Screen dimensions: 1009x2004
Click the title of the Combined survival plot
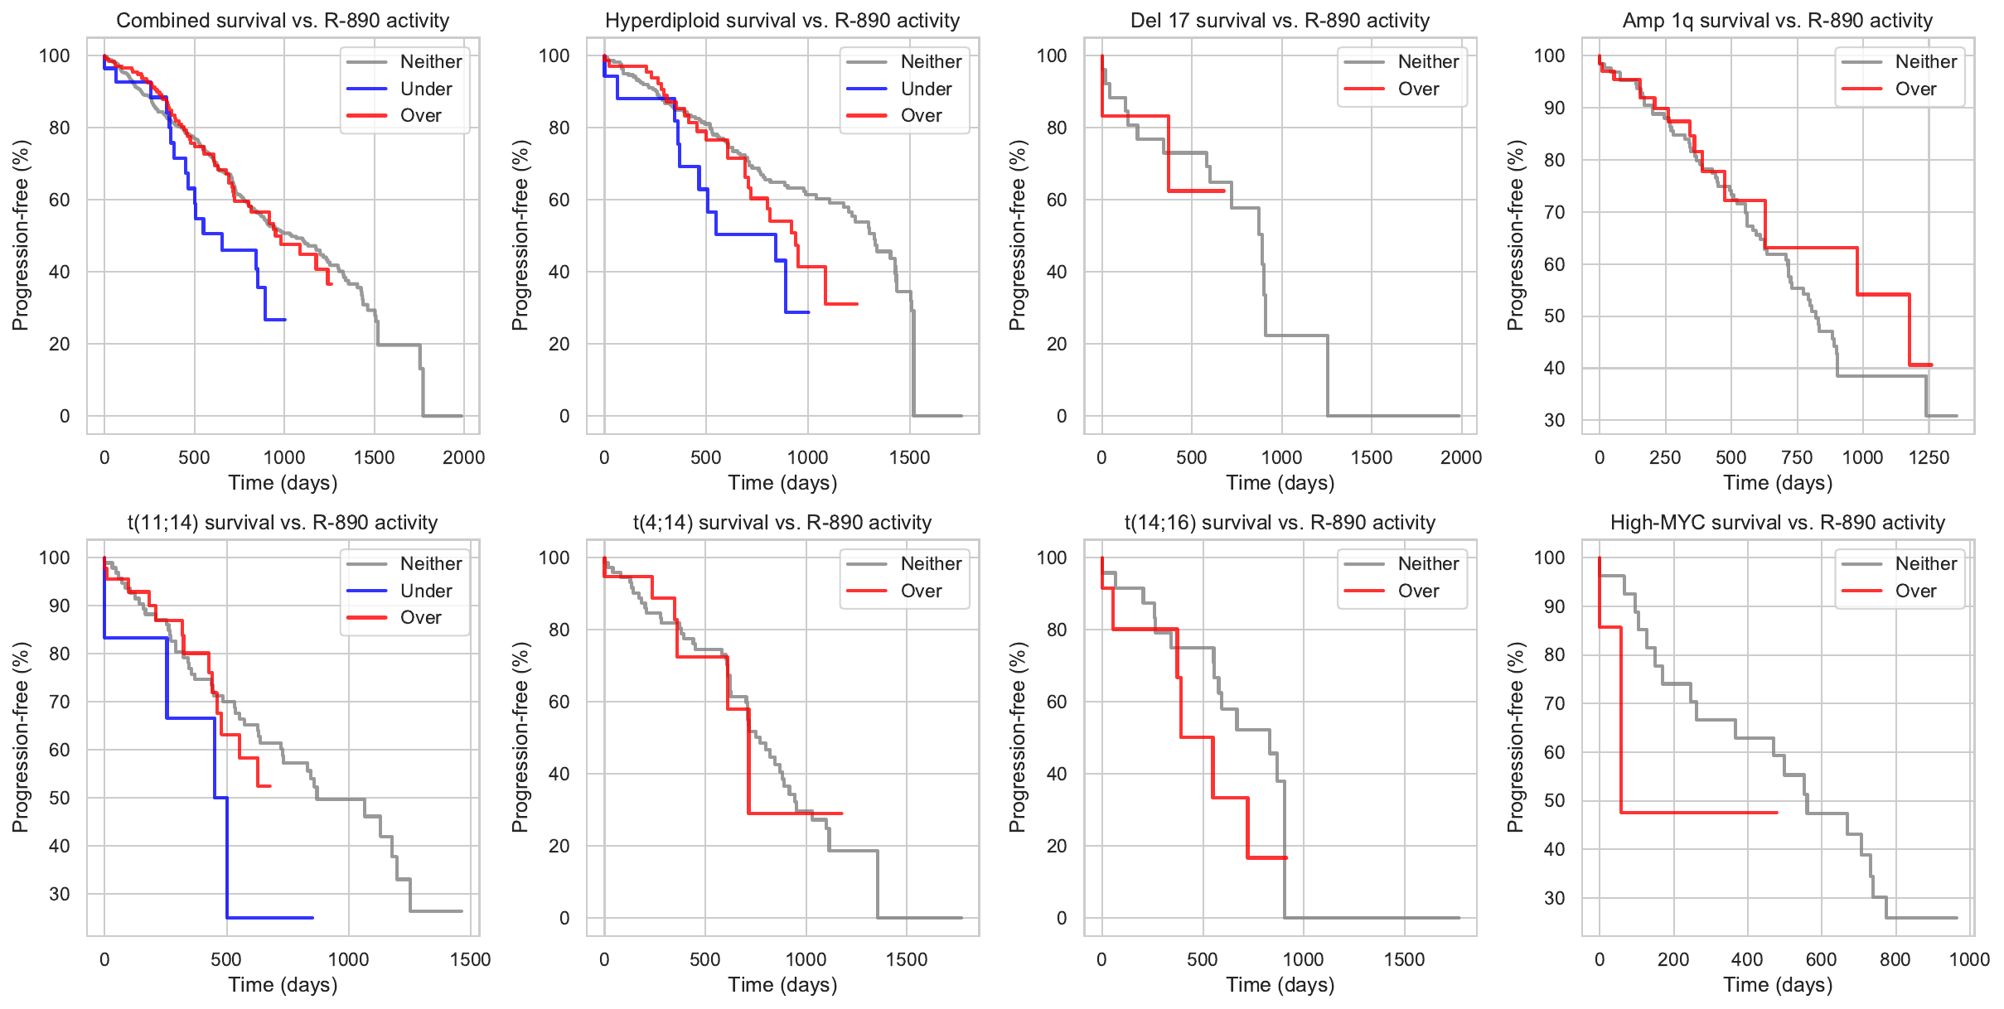pos(283,21)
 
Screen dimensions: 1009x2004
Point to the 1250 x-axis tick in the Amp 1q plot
pos(1929,457)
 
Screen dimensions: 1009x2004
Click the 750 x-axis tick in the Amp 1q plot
pos(1797,457)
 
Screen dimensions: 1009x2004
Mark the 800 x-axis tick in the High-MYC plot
pos(1895,959)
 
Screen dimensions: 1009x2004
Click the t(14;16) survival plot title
pos(1280,523)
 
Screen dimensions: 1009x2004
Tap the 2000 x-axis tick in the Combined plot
pos(463,457)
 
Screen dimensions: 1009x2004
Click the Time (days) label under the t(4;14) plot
pos(782,985)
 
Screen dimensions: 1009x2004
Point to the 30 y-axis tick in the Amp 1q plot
pos(1554,420)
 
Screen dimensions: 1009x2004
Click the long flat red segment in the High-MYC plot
pos(1699,813)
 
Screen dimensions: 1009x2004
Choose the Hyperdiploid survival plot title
pos(782,21)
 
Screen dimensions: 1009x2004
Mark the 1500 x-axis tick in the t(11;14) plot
pos(471,959)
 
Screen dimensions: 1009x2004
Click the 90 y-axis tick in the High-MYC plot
pos(1554,606)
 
